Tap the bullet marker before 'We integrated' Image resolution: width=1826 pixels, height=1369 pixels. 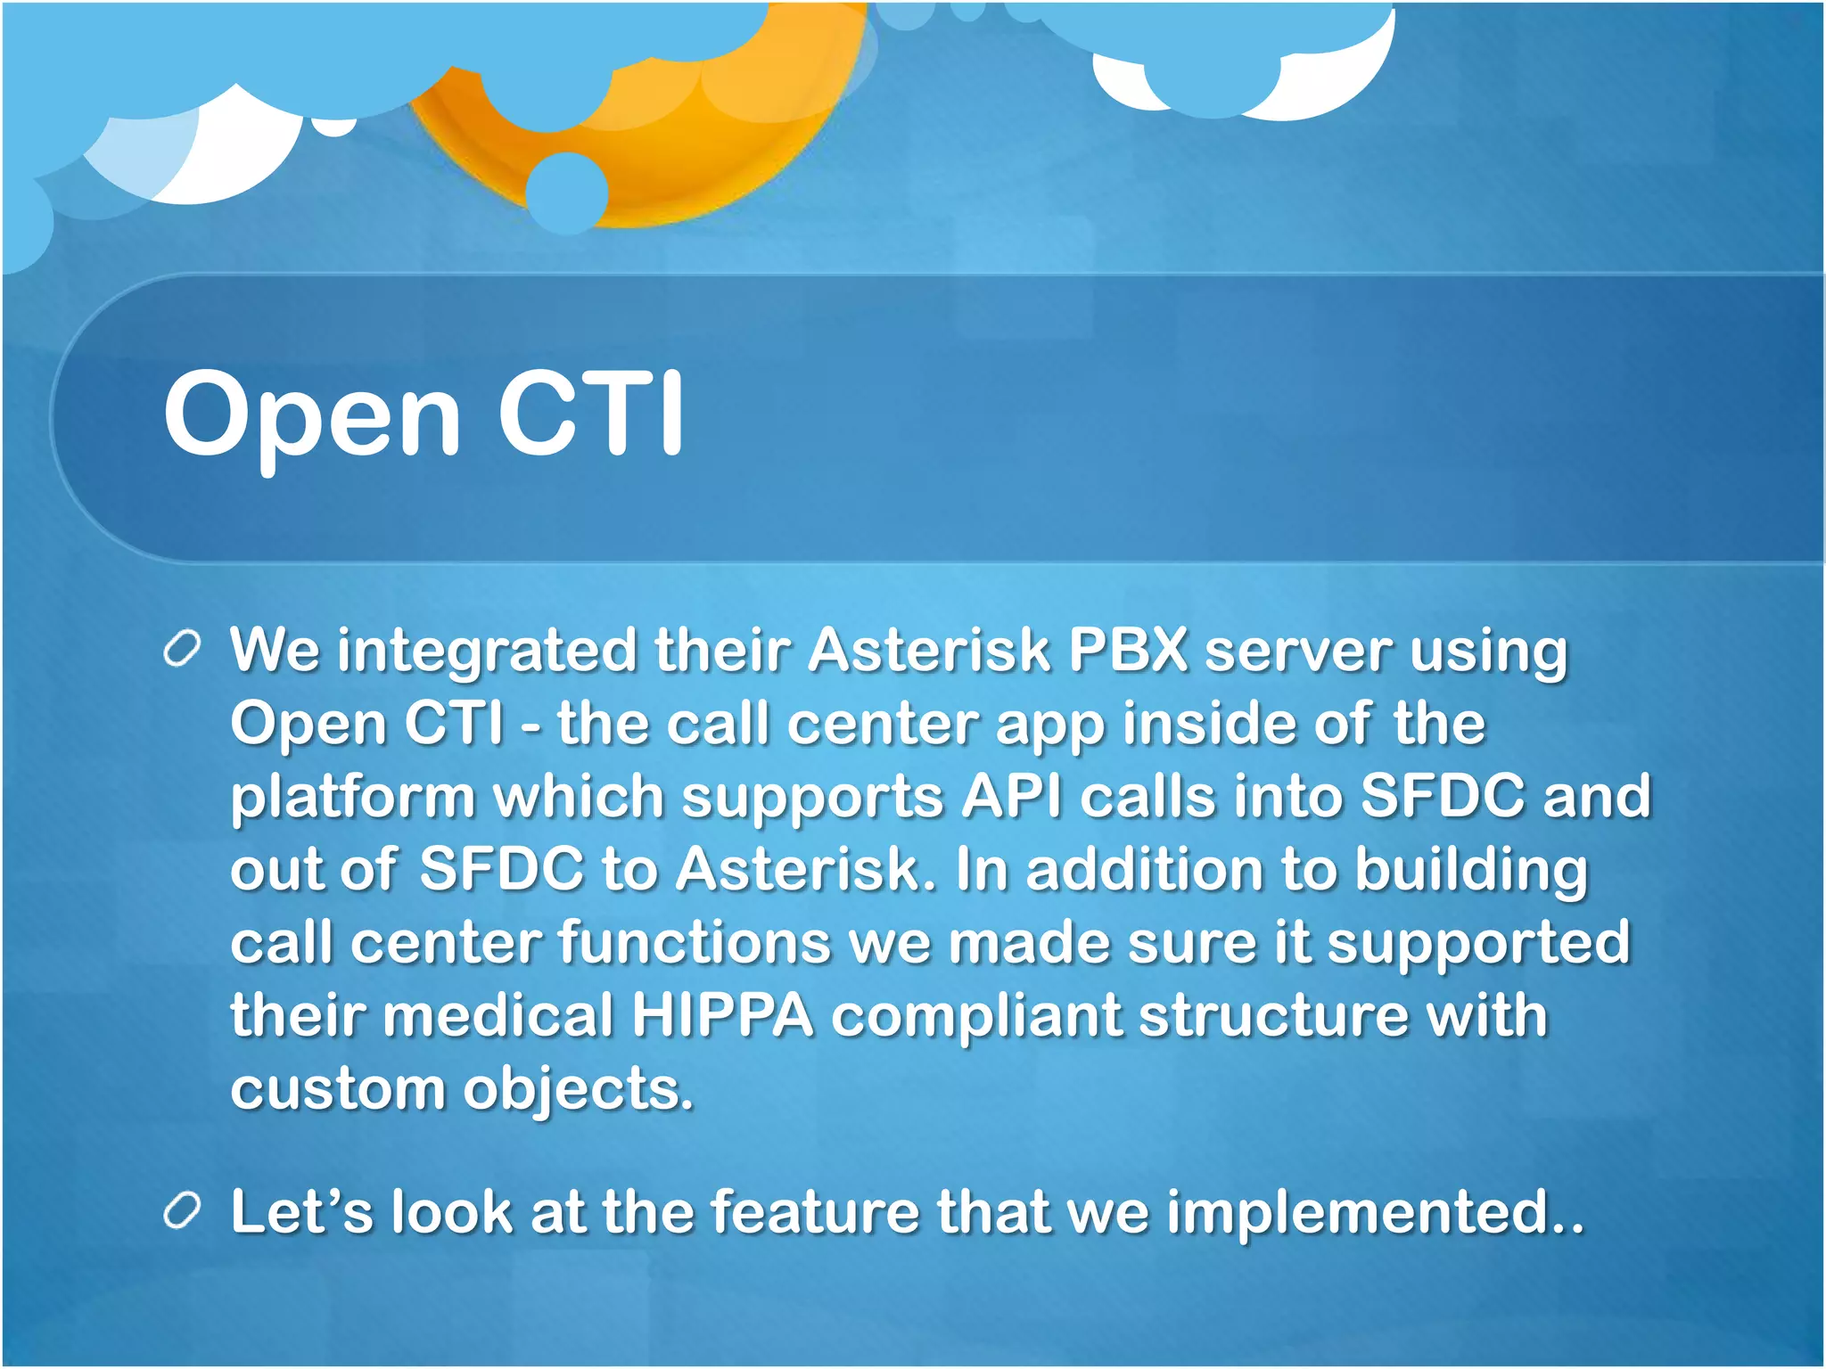182,649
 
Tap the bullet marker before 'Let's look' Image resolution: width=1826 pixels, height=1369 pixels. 182,1212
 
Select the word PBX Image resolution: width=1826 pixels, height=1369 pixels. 1127,649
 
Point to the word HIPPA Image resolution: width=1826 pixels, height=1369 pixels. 722,1016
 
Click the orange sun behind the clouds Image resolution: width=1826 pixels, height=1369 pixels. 713,134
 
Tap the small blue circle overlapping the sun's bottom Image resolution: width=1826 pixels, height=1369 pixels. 566,193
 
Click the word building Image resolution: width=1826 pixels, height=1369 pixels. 1471,870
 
